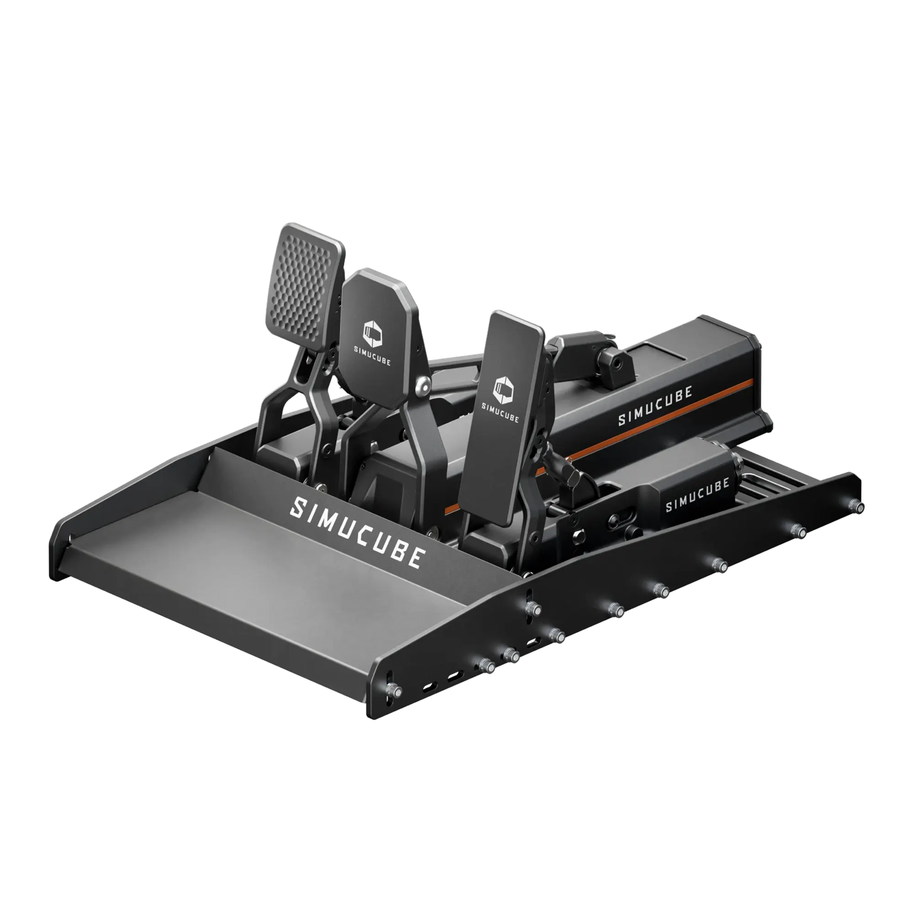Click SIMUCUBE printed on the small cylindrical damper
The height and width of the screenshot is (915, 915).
pyautogui.click(x=697, y=495)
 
